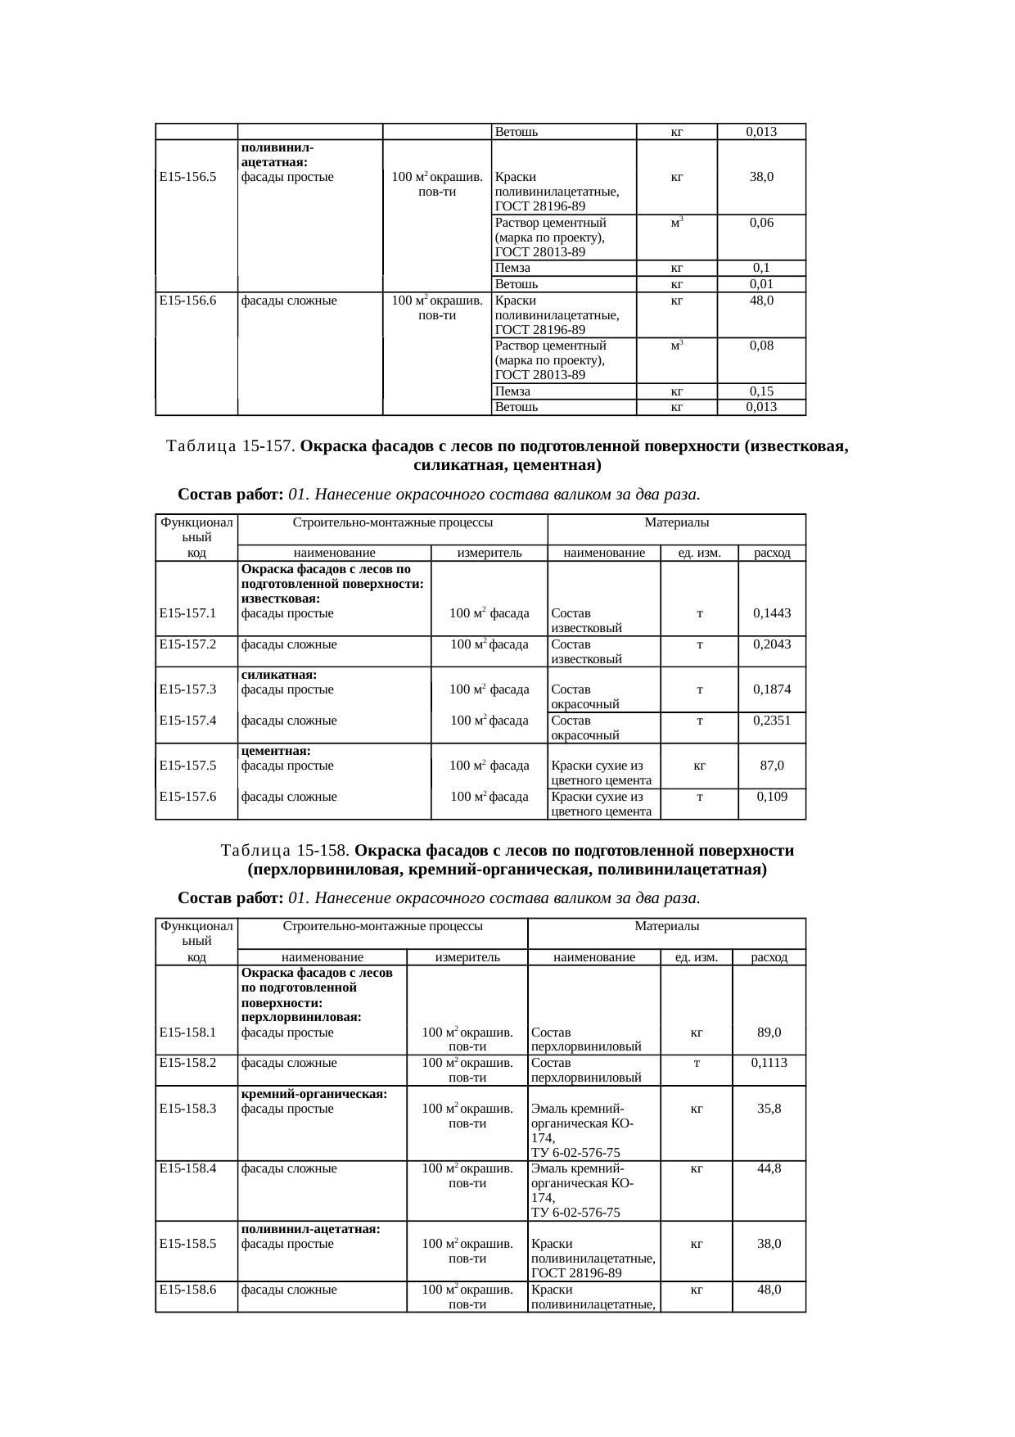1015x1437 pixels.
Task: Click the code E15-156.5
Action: [x=187, y=177]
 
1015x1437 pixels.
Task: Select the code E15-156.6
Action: [x=187, y=301]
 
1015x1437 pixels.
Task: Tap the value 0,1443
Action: [x=772, y=612]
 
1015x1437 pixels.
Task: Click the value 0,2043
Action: [x=772, y=644]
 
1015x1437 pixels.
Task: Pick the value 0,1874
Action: [x=772, y=689]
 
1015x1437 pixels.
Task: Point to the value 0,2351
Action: [x=772, y=721]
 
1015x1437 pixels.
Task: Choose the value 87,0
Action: [x=772, y=766]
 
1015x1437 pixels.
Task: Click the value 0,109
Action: [x=772, y=797]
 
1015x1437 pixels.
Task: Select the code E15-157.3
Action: [x=187, y=689]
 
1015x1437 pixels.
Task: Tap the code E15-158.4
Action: [x=187, y=1168]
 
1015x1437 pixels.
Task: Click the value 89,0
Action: [x=769, y=1033]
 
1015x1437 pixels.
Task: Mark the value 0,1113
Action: [x=769, y=1063]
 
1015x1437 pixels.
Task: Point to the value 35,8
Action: [x=769, y=1109]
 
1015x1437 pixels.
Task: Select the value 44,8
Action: [x=769, y=1168]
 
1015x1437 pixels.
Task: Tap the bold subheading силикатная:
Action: [x=279, y=675]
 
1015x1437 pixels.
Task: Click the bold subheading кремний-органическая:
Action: [x=314, y=1094]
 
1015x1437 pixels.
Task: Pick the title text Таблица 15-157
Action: [x=231, y=447]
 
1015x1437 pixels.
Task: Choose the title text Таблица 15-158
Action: [x=286, y=851]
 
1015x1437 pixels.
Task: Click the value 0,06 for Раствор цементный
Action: [x=761, y=223]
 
